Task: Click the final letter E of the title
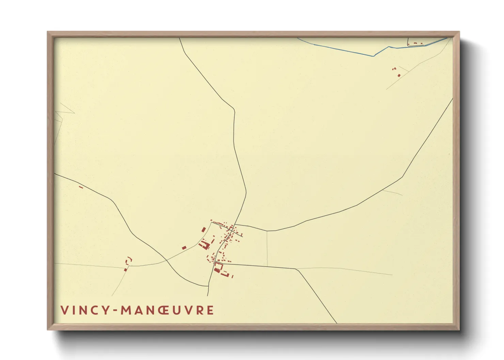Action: point(211,310)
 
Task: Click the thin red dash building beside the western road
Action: point(81,187)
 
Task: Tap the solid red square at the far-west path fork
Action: point(125,270)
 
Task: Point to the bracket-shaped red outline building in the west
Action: point(129,260)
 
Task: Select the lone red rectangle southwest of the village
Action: point(184,247)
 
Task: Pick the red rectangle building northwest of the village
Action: point(204,230)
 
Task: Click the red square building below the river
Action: point(399,75)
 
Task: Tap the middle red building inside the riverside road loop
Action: point(415,43)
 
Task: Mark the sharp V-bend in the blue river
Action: point(374,56)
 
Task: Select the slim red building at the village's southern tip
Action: point(232,276)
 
